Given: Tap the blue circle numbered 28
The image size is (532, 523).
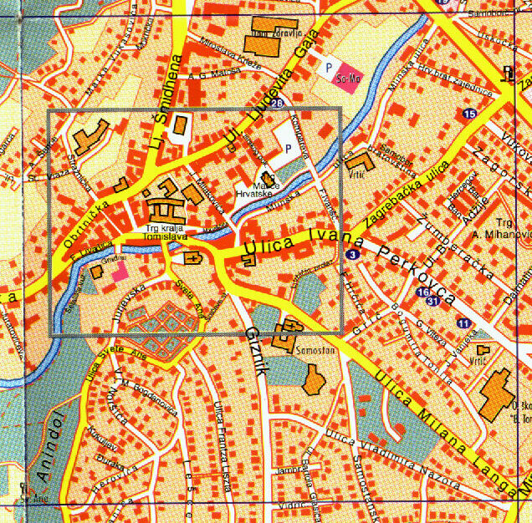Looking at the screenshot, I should click(277, 104).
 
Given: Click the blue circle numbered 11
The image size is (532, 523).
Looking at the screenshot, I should click(463, 322).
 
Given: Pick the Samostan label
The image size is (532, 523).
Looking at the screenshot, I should click(315, 350).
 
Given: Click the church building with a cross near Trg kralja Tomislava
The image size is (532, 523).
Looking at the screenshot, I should click(192, 258).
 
